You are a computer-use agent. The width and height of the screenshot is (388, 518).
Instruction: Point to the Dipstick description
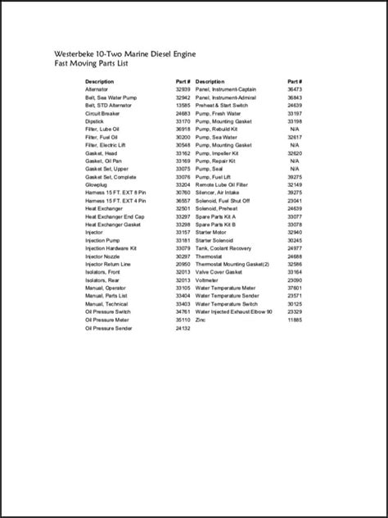(96, 121)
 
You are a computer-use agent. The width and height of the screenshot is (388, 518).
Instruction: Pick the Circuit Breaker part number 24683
(183, 113)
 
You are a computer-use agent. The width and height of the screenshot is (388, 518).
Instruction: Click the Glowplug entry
(97, 184)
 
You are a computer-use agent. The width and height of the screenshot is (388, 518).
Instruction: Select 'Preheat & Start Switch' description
(224, 106)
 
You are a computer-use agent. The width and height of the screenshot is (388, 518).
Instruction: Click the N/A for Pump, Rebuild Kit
(295, 129)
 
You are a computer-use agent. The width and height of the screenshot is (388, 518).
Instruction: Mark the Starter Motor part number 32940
(295, 232)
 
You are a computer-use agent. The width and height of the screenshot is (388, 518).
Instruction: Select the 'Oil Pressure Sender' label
(109, 327)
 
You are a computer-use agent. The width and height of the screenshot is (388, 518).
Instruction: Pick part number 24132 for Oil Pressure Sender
(183, 327)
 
